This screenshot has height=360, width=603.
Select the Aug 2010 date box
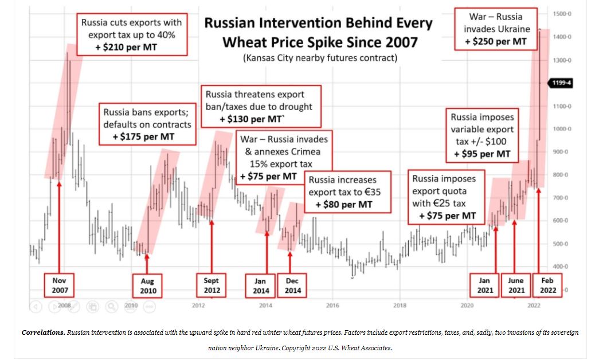click(x=147, y=285)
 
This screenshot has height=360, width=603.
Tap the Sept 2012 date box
click(x=212, y=285)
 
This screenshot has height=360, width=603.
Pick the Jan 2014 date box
click(x=260, y=285)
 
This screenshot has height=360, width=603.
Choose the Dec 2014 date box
click(x=292, y=285)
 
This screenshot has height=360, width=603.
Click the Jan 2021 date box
click(x=484, y=285)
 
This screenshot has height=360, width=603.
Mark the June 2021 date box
click(x=516, y=285)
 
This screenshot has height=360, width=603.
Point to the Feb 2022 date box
click(x=547, y=285)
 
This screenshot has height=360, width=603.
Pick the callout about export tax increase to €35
click(x=348, y=191)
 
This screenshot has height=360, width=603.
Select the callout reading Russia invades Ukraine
click(x=496, y=29)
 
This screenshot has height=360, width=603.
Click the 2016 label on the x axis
click(x=332, y=306)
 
